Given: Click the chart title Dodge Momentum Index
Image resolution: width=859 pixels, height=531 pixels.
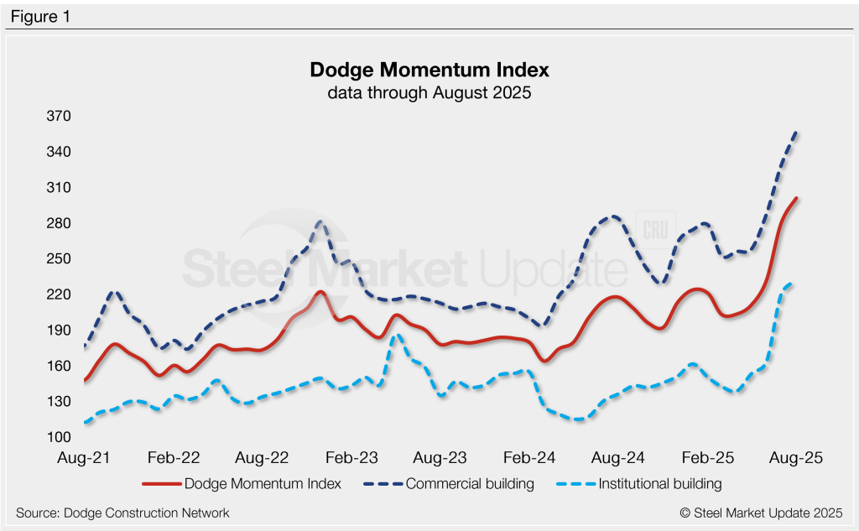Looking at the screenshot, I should click(x=429, y=69).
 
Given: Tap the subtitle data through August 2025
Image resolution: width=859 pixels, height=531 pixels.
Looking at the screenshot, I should click(x=429, y=93).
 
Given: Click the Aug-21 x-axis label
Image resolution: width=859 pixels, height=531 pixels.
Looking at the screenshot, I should click(x=85, y=458).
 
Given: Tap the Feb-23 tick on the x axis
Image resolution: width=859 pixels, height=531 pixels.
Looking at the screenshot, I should click(x=351, y=458).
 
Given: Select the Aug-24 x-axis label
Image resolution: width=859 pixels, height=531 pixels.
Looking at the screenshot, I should click(x=618, y=458).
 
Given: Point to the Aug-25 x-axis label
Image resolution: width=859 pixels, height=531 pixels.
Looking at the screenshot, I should click(x=796, y=458).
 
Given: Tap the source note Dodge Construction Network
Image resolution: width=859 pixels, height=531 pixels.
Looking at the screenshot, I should click(x=122, y=513).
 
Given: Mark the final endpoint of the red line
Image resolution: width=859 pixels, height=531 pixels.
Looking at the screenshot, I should click(x=796, y=199).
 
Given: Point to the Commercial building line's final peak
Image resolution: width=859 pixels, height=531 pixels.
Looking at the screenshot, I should click(x=796, y=131).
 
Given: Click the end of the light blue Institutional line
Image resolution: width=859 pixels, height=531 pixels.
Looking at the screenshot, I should click(x=794, y=284).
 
